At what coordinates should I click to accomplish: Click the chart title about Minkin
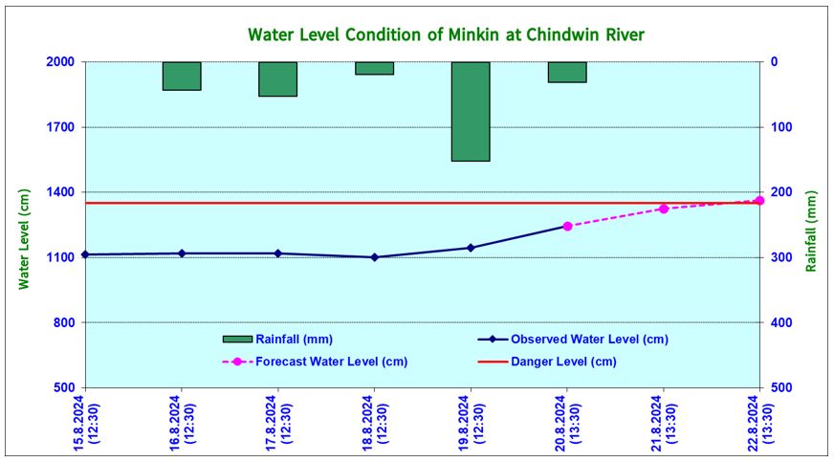tap(446, 35)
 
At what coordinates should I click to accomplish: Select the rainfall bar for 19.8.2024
tap(471, 111)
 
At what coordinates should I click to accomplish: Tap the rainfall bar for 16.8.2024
tap(182, 76)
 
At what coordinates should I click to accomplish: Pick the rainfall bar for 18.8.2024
tap(374, 68)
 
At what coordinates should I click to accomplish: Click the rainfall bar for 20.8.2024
tap(567, 72)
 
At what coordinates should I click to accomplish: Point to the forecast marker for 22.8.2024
tap(759, 201)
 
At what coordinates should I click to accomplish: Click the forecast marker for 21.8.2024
tap(663, 209)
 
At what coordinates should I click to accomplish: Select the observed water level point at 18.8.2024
tap(374, 257)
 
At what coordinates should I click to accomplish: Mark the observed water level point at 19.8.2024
tap(471, 248)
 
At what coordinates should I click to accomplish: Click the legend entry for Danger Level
tap(563, 362)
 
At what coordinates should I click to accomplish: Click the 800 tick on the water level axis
tap(64, 322)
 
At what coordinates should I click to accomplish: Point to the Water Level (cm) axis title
tap(25, 238)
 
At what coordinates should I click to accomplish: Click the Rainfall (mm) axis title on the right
tap(811, 231)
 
